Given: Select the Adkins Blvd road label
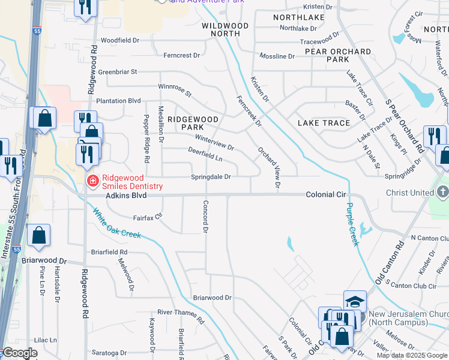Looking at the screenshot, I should click(126, 196).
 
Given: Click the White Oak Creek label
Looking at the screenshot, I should click(116, 223).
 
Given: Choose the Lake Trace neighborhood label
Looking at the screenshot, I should click(324, 123).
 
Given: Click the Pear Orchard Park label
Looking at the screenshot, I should click(338, 55).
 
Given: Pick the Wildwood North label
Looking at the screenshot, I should click(225, 29).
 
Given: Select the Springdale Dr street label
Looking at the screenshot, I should click(211, 177).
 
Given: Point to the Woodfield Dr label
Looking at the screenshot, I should click(120, 40).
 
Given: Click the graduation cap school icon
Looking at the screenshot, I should click(355, 300).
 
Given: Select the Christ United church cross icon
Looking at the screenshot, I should click(442, 192).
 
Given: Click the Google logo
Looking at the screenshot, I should click(20, 353).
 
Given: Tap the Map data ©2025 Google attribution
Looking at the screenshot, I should click(412, 355).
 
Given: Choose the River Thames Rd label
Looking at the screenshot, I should click(181, 313).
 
